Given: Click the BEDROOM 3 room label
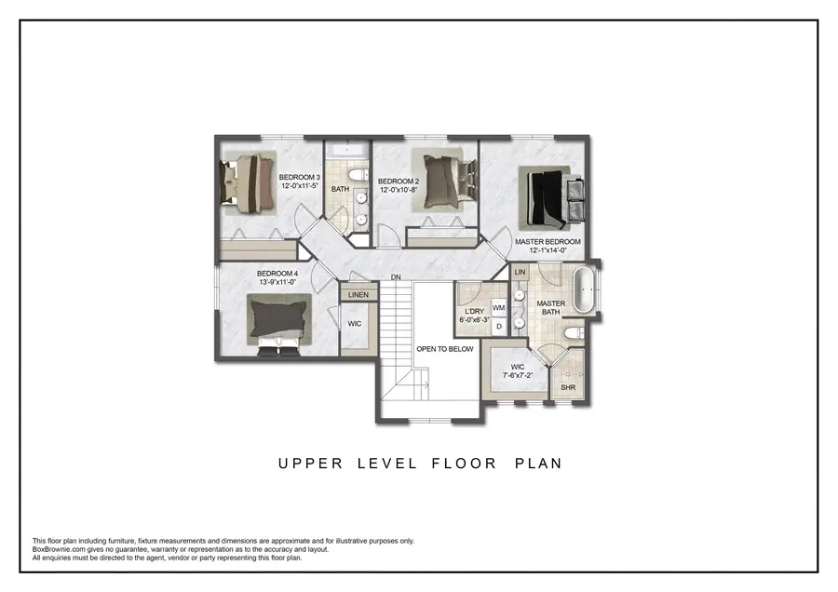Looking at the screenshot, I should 299,177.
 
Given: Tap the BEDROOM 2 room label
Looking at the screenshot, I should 398,181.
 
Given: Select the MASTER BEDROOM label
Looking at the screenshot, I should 547,242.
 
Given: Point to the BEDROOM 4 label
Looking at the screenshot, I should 277,274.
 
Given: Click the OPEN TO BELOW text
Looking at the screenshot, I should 444,349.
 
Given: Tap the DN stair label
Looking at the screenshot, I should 396,277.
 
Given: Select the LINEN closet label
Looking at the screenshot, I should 358,295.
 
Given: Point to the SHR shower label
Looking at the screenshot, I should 569,386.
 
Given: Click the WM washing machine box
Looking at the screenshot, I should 498,307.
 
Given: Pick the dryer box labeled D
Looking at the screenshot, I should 498,326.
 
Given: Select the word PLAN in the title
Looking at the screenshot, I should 538,463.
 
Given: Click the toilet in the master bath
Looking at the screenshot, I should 575,332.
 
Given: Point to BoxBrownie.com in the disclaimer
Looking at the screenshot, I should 61,549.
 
